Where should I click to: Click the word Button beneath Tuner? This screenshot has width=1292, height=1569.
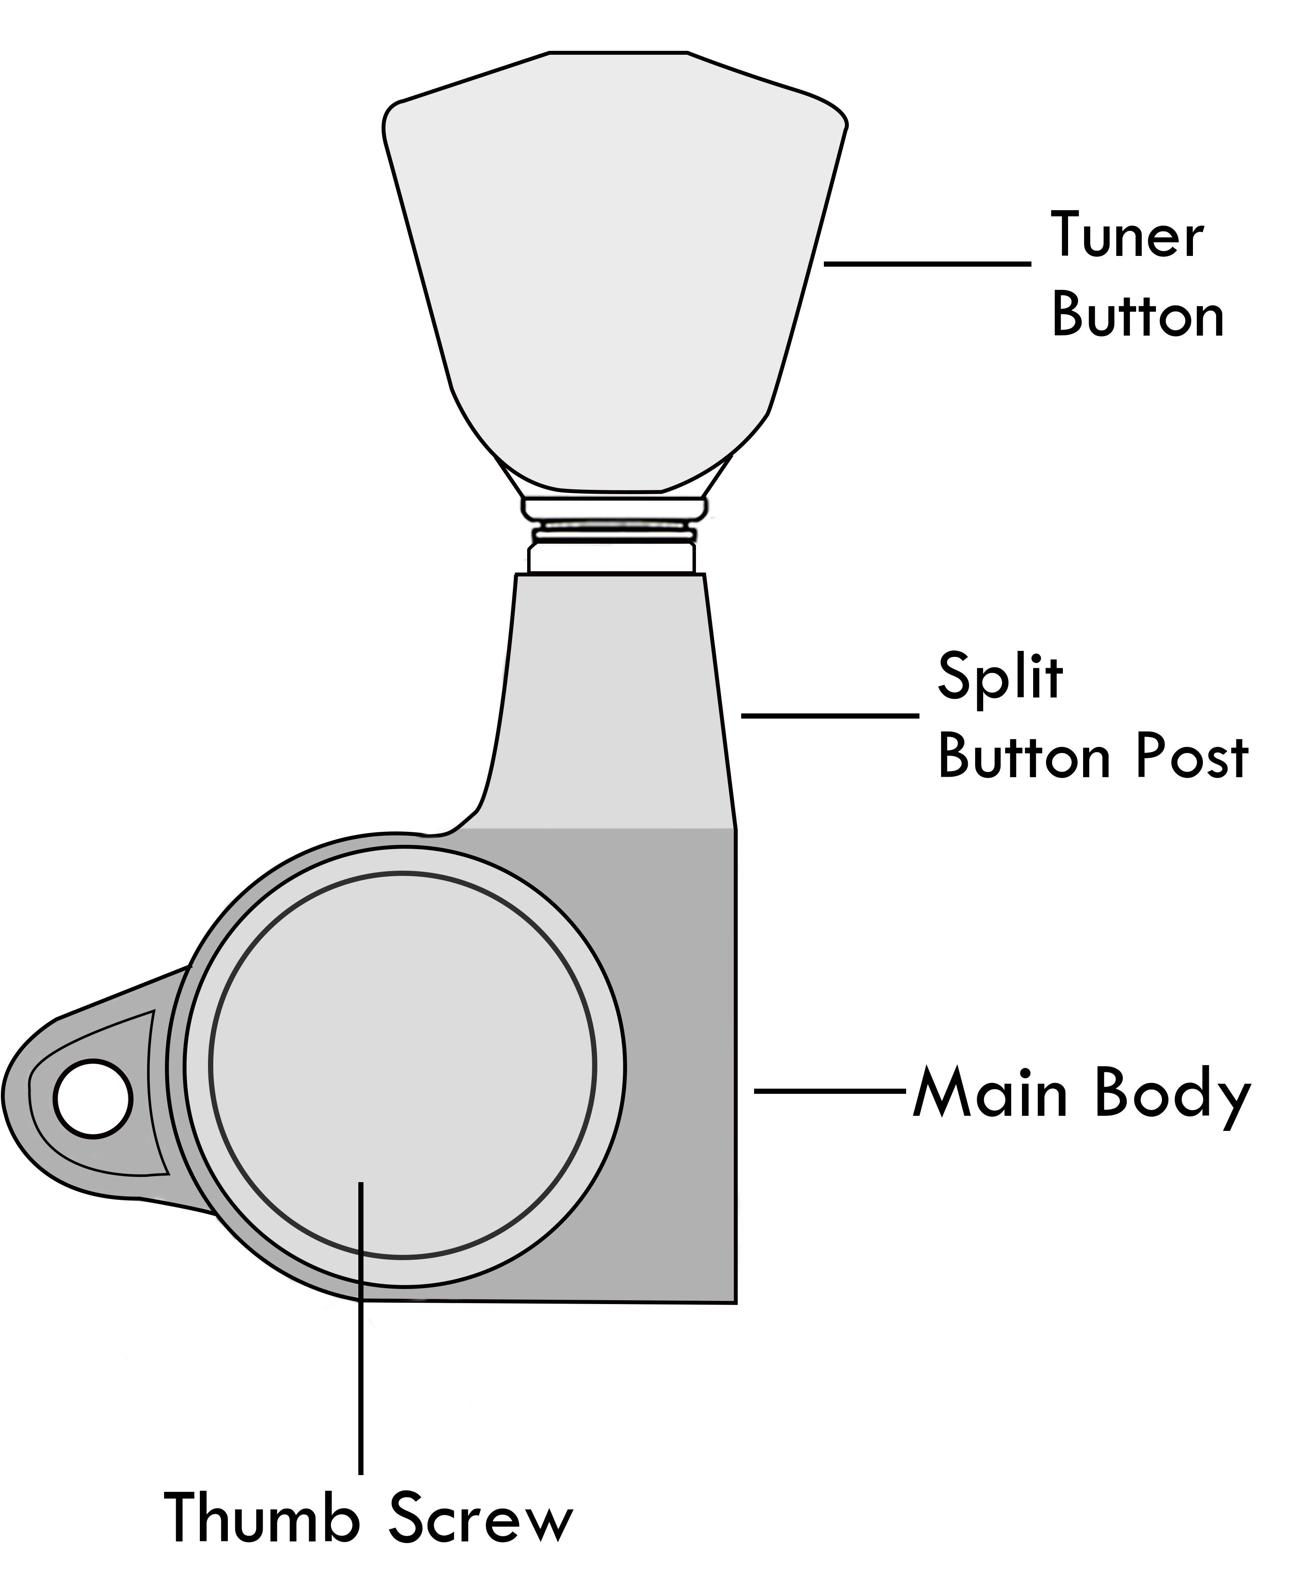click(x=1137, y=316)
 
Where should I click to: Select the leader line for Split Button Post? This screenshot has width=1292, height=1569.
click(x=830, y=715)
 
